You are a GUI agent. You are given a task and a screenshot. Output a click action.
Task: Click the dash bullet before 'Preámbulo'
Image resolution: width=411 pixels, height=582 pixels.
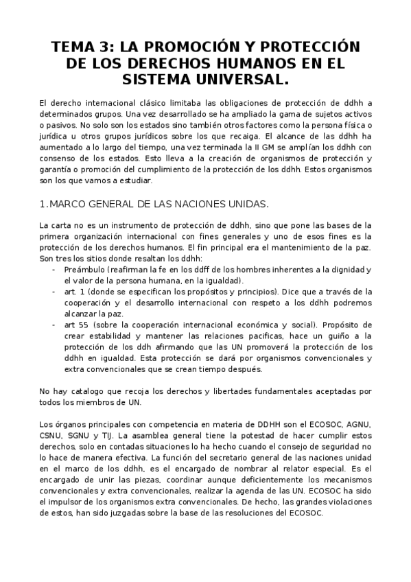pos(54,269)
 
